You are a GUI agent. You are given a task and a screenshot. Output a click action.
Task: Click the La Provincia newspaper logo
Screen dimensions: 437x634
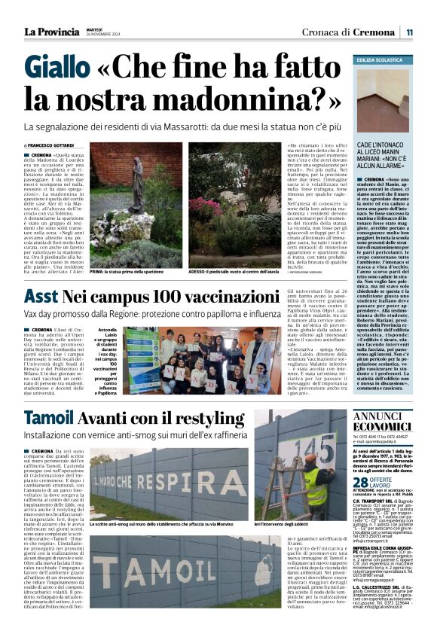click(x=51, y=32)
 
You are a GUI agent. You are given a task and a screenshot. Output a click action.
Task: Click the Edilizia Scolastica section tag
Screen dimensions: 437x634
click(x=379, y=59)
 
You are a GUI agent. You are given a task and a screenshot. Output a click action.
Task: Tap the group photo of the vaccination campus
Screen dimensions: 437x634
click(x=202, y=361)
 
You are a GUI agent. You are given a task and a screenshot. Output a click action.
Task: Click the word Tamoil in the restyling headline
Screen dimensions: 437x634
click(x=53, y=419)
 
